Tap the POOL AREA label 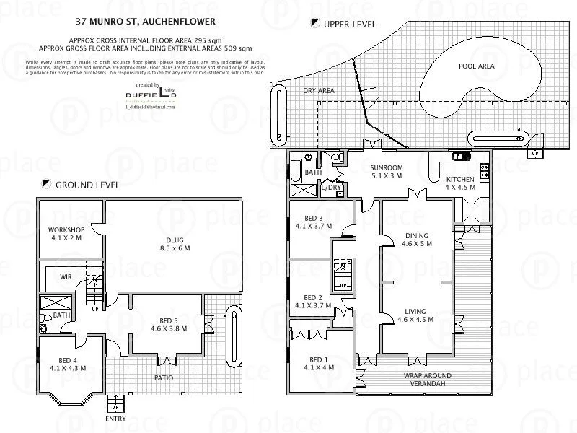[x=476, y=66]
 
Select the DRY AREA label [x=318, y=91]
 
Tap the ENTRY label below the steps [x=115, y=419]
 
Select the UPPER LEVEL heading [x=350, y=24]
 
